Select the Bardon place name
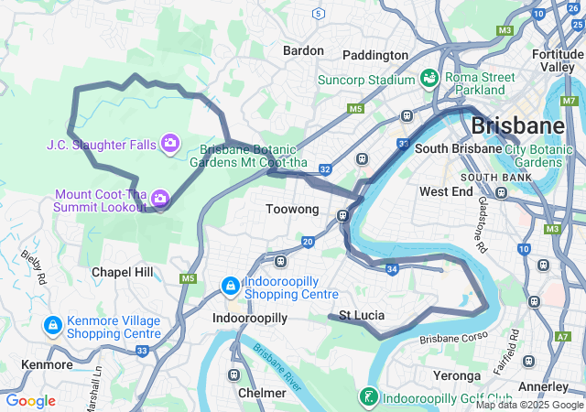point(303,50)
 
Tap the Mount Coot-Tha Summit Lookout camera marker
point(160,198)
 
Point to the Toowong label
point(292,210)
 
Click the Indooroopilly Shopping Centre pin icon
point(230,287)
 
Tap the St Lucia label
point(362,316)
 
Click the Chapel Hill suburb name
point(123,272)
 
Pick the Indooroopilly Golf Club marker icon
point(368,397)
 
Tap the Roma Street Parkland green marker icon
point(429,80)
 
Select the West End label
point(446,191)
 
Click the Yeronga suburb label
point(457,375)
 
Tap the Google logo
point(30,401)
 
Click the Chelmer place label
point(262,393)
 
